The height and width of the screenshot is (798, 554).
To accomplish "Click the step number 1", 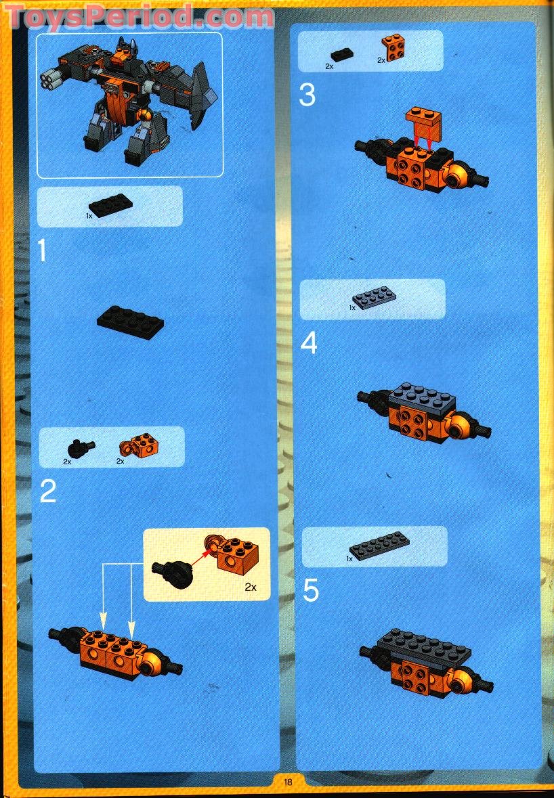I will (x=42, y=250).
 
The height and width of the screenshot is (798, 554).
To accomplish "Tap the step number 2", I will (x=47, y=491).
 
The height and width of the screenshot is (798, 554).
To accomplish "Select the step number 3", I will (x=307, y=95).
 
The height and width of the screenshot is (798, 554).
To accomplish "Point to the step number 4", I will (x=309, y=344).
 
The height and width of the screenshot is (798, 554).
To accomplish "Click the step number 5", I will (x=310, y=590).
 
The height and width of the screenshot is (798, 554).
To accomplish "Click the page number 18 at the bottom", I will (x=287, y=782).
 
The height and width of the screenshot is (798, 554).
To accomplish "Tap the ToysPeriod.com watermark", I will (x=139, y=17).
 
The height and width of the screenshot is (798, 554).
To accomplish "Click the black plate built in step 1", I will (x=131, y=320).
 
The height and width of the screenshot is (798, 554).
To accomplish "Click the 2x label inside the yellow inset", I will (x=251, y=587).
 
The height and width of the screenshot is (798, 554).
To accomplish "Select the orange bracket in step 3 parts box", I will (x=393, y=47).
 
